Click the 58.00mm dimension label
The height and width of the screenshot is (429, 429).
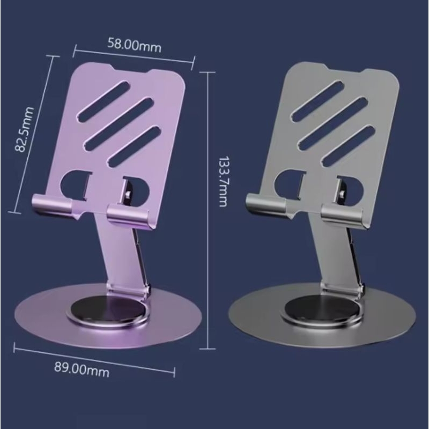134,45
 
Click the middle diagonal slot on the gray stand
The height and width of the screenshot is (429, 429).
330,120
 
